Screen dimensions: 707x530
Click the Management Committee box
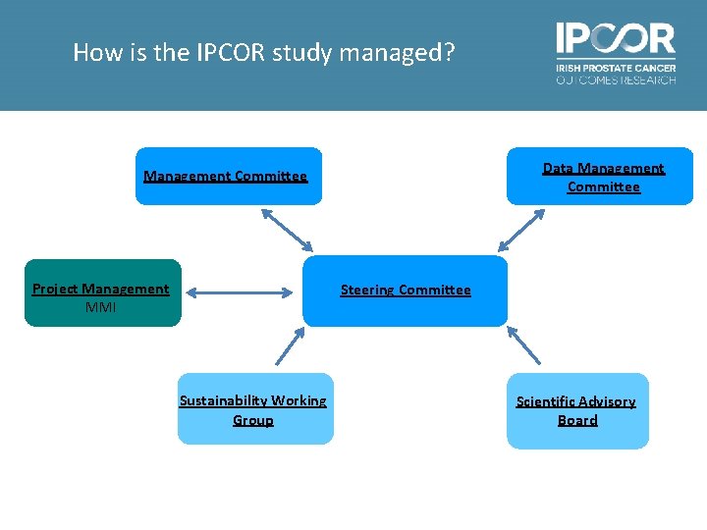(228, 177)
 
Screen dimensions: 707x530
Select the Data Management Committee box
(599, 177)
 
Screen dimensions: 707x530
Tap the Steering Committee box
(405, 291)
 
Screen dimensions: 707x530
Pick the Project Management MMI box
(103, 292)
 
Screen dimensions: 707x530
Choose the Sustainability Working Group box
(255, 409)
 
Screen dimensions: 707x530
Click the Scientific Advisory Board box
(577, 411)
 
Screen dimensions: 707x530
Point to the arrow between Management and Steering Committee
(286, 229)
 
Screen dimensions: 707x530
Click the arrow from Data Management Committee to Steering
(517, 229)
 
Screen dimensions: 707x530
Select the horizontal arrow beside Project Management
(243, 291)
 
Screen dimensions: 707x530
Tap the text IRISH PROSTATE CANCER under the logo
(616, 68)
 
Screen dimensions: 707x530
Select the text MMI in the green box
(100, 307)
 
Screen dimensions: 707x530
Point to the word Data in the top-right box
(558, 169)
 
